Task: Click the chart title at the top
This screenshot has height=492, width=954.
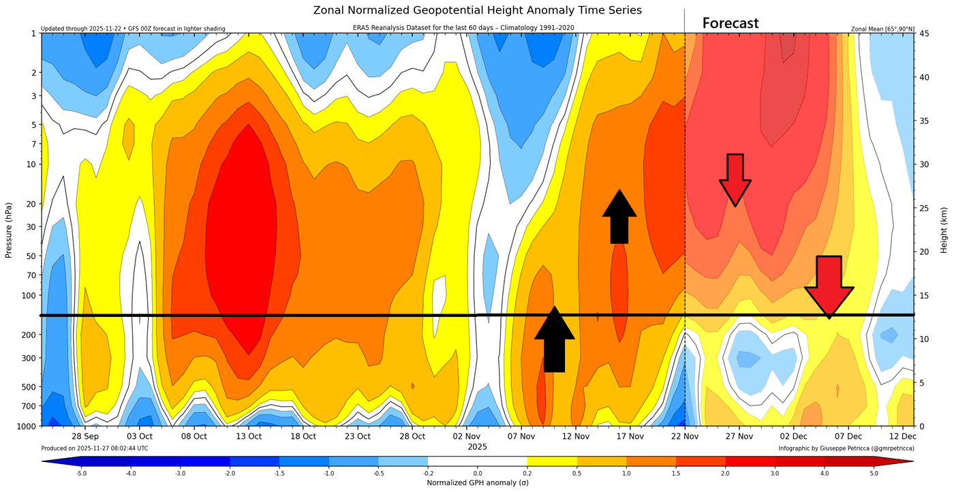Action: pos(477,10)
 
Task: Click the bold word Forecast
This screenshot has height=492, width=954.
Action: pos(730,23)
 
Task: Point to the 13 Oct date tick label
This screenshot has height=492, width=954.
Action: pos(249,436)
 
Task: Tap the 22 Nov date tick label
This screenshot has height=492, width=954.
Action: pos(684,436)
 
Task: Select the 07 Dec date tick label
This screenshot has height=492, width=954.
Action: pos(848,436)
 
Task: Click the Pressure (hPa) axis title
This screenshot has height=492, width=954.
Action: pos(9,230)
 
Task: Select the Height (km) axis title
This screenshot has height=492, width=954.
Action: pos(944,230)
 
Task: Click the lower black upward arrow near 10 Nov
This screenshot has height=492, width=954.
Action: pos(555,339)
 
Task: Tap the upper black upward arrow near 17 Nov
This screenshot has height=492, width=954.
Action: pos(619,217)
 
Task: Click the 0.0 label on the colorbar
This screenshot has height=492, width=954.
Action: pos(477,472)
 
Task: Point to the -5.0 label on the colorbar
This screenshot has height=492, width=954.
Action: pos(81,472)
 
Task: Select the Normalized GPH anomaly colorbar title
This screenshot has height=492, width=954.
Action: pos(477,482)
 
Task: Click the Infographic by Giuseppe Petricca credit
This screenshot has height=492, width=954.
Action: pos(846,448)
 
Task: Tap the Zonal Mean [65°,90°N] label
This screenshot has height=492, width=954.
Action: pos(882,29)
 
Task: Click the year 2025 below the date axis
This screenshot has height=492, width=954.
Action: pos(477,447)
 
